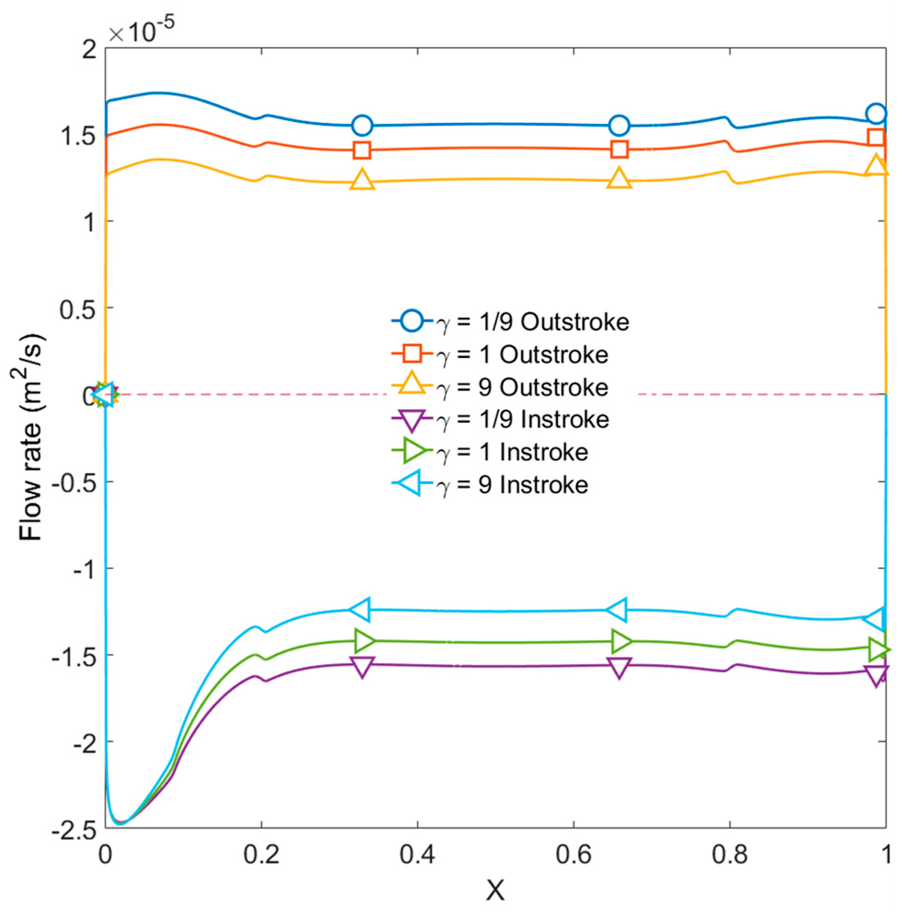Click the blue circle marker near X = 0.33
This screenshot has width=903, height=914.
pos(362,125)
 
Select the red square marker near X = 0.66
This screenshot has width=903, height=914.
pos(619,149)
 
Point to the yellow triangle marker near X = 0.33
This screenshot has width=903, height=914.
pos(362,180)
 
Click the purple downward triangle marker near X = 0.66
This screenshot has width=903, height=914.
pos(619,668)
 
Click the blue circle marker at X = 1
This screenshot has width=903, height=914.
pos(876,113)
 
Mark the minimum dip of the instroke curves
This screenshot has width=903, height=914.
pos(121,824)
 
